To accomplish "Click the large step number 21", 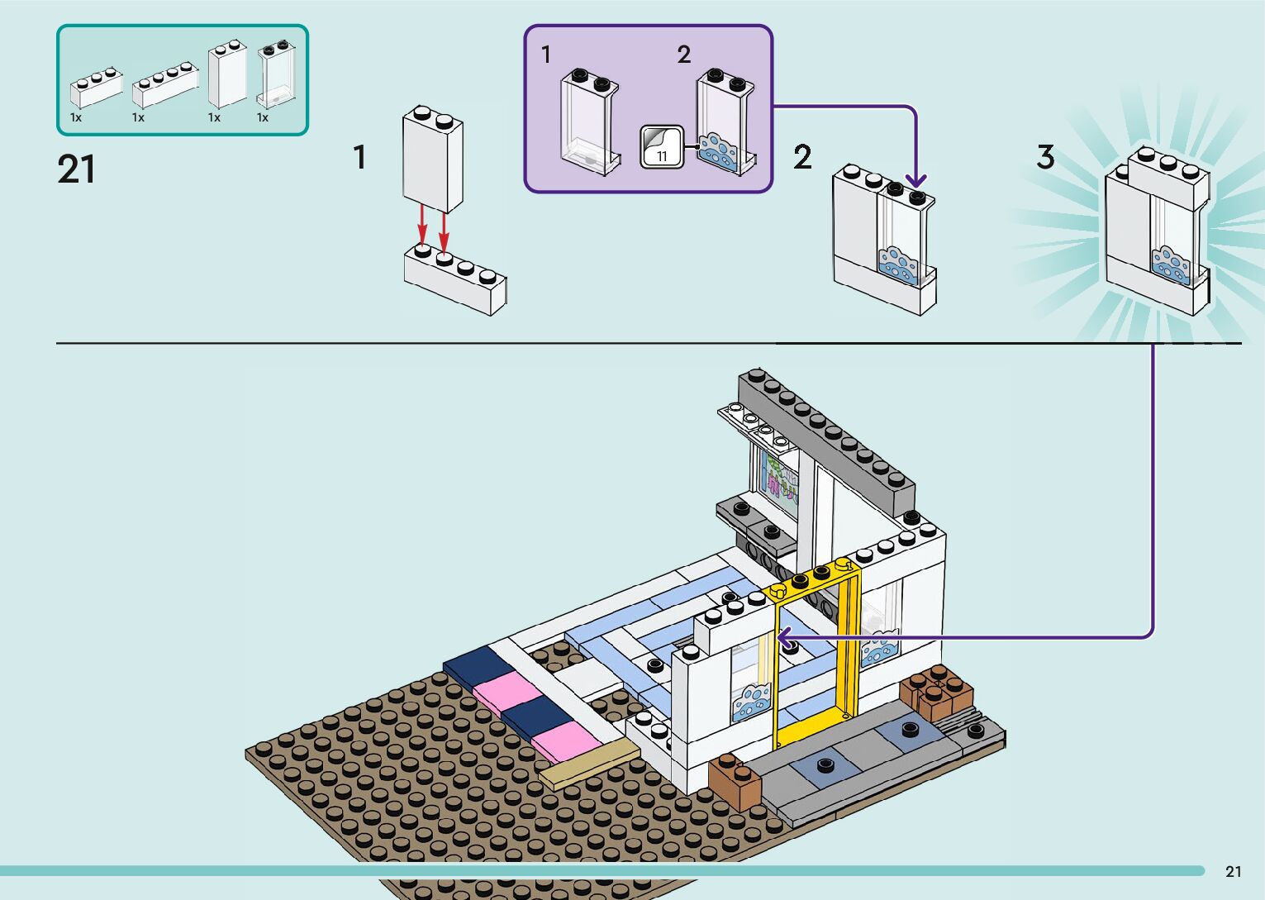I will click(76, 169).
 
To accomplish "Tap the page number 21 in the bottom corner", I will click(1233, 871).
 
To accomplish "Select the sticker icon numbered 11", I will click(661, 148).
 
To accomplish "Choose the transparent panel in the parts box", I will click(276, 75).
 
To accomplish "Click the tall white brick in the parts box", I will click(227, 74).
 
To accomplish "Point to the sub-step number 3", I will click(1045, 156).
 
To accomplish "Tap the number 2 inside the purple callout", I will click(683, 55).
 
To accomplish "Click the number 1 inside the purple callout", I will click(545, 55).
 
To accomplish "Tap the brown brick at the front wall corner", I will click(734, 781).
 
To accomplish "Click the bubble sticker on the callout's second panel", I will click(717, 152).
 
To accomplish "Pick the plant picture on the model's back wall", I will click(779, 479).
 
